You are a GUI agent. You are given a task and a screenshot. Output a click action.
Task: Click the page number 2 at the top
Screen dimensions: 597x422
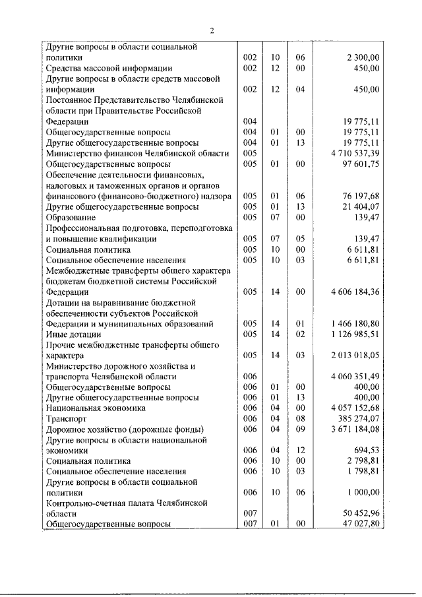[x=212, y=30]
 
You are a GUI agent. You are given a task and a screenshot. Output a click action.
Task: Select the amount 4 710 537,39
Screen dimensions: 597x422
[x=353, y=153]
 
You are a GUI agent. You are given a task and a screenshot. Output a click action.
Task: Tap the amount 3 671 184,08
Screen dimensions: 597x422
[x=353, y=429]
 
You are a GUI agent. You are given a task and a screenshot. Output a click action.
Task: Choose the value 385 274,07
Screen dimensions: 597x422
[x=358, y=418]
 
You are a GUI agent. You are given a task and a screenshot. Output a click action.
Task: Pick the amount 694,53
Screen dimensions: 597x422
[x=366, y=450]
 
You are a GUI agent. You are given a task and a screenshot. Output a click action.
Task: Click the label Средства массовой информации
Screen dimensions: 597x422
[x=109, y=68]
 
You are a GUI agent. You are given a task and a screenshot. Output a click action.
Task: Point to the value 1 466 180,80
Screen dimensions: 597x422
[x=353, y=323]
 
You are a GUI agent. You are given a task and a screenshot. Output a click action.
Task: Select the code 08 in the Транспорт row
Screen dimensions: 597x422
[x=301, y=418]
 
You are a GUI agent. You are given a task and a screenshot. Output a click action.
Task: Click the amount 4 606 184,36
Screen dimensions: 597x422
[x=353, y=292]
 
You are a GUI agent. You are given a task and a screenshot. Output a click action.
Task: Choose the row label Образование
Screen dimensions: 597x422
[x=71, y=217]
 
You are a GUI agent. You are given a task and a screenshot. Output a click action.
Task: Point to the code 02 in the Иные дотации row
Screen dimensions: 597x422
[x=301, y=334]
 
